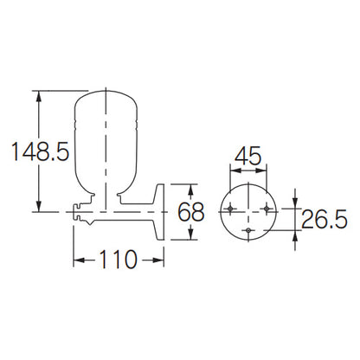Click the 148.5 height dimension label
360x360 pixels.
point(41,151)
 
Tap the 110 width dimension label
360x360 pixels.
point(118,260)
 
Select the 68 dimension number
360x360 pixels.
point(190,212)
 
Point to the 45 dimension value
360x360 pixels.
point(247,156)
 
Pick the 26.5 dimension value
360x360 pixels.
point(325,219)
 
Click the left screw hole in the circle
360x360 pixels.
point(230,209)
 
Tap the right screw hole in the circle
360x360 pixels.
point(267,209)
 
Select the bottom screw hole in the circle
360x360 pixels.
point(248,230)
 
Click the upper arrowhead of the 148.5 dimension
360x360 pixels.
point(39,96)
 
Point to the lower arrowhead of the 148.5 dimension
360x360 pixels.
point(39,207)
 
